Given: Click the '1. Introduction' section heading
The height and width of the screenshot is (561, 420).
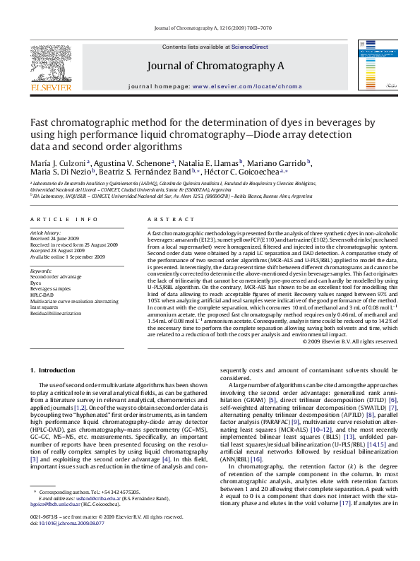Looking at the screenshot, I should pos(53,370).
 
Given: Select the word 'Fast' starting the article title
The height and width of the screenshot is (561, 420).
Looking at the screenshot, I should pos(42,122).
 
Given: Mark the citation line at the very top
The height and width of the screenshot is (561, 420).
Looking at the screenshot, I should pos(210,28).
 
